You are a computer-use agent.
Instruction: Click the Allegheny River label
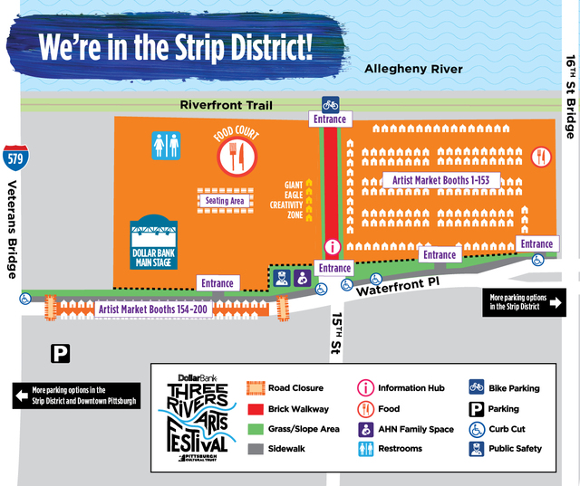click(x=412, y=69)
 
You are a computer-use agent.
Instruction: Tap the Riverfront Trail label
click(x=226, y=105)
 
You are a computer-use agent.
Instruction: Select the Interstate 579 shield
click(x=13, y=157)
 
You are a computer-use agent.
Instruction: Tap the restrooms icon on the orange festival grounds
click(x=166, y=146)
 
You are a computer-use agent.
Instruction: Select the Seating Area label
click(x=225, y=201)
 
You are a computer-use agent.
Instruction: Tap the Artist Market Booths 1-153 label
click(x=440, y=180)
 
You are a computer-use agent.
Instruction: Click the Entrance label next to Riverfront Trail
click(x=331, y=119)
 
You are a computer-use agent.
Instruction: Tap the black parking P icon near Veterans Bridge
click(x=61, y=354)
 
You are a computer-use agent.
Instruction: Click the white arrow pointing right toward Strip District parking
click(x=556, y=302)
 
